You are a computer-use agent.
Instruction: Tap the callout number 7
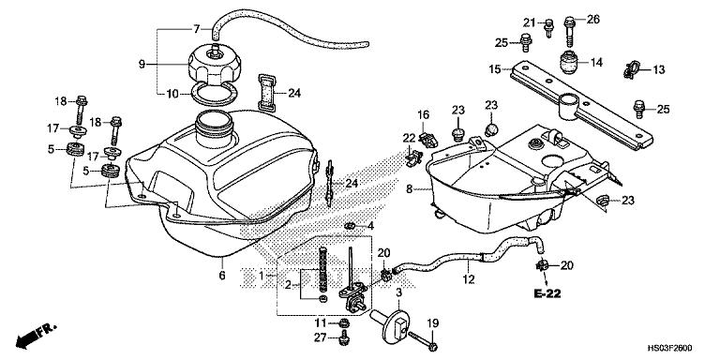tap(196, 29)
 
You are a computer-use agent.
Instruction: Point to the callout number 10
tap(172, 93)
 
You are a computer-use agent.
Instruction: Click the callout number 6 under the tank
tap(221, 275)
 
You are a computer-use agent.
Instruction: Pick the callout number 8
tap(410, 188)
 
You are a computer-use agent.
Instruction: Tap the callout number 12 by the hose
tap(467, 277)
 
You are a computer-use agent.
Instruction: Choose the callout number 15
tap(494, 67)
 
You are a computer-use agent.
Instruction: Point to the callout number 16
tap(423, 114)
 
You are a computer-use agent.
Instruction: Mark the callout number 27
tap(320, 338)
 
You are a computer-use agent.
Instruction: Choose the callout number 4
tap(370, 226)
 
